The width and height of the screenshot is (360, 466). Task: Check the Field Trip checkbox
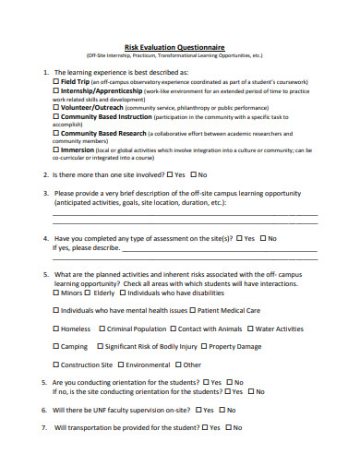tap(57, 81)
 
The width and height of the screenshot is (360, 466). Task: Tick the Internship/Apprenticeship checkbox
tap(57, 91)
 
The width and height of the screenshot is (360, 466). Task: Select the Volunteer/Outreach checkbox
tap(57, 107)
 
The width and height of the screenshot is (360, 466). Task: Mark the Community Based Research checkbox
tap(57, 133)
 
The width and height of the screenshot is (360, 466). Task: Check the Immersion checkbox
tap(57, 149)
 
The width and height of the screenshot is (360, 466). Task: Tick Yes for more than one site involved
tap(169, 174)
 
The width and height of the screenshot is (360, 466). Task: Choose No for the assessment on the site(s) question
tap(261, 238)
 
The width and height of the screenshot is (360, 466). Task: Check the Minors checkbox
tap(57, 293)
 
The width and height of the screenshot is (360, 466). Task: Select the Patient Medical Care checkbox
tap(196, 310)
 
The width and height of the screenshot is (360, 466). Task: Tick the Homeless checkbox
tap(57, 329)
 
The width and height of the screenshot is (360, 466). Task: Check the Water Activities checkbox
tap(250, 329)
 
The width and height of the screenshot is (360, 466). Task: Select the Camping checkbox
tap(57, 347)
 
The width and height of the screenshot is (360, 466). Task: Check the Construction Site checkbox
tap(57, 364)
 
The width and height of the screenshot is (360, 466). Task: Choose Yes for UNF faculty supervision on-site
tap(197, 409)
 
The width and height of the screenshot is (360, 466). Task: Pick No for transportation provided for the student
tap(230, 427)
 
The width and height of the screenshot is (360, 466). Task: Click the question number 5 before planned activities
tap(45, 274)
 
